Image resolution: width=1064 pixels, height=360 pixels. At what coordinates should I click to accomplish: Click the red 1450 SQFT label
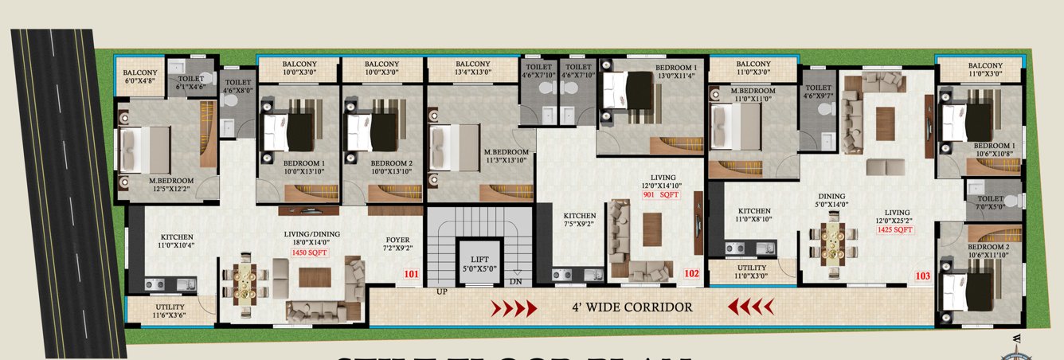click(309, 252)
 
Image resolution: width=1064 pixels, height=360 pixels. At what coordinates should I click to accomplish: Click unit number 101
click(411, 275)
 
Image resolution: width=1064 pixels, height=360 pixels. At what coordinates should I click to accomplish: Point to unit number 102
click(691, 273)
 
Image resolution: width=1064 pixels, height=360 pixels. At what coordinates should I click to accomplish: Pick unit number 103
click(922, 276)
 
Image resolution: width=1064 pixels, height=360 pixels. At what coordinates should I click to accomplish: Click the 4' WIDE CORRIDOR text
click(632, 307)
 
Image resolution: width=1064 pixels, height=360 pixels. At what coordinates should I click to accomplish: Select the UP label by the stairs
click(440, 292)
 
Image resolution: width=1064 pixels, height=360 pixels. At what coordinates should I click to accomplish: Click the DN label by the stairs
click(515, 281)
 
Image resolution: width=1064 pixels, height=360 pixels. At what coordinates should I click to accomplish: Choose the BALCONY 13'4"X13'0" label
click(472, 68)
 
